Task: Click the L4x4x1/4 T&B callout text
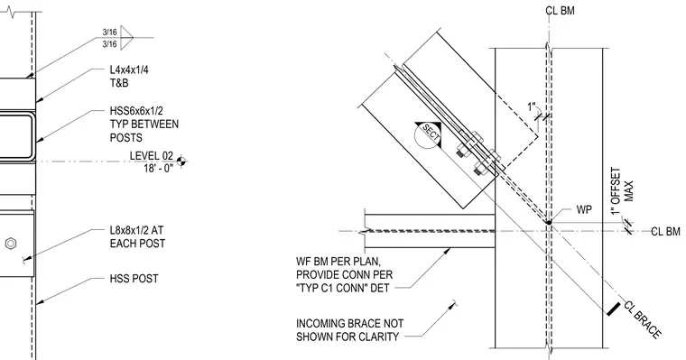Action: click(129, 77)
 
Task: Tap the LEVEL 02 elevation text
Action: click(152, 156)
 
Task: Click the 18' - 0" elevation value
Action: click(158, 168)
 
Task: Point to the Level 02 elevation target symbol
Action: click(181, 162)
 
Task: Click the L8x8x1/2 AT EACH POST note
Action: click(137, 236)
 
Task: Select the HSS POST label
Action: click(134, 279)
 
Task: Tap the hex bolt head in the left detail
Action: click(11, 244)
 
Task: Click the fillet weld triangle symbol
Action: click(126, 38)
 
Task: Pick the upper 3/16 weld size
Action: click(110, 32)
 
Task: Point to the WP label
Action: click(584, 209)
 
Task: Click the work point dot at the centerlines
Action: click(549, 223)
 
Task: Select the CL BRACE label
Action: click(642, 319)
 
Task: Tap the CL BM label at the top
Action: click(560, 11)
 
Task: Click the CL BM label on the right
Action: click(665, 231)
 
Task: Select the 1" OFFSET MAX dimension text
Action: click(622, 191)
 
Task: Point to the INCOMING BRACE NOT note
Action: click(349, 324)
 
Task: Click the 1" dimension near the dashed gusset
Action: click(532, 107)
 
